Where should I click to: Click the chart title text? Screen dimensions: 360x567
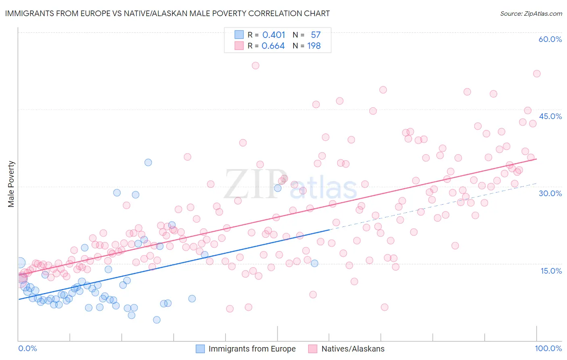[x=167, y=13]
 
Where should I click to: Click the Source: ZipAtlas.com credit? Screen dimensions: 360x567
[x=531, y=13]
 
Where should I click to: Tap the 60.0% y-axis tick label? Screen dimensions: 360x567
[x=550, y=39]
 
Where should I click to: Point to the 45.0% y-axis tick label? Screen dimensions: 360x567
[x=550, y=116]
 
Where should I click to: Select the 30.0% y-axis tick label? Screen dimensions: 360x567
[x=550, y=193]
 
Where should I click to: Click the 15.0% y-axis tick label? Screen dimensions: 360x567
[x=551, y=271]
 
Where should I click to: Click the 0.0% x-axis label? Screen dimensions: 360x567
[x=27, y=348]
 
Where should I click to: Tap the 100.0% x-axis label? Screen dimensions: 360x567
[x=548, y=348]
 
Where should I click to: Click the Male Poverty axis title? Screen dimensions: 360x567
[x=11, y=184]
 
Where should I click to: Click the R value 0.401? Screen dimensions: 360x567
[x=273, y=35]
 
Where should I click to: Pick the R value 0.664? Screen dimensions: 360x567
[x=273, y=46]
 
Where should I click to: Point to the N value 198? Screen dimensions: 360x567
[x=314, y=46]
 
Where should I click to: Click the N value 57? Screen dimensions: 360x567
[x=315, y=35]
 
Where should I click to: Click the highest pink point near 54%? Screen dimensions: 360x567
[x=255, y=65]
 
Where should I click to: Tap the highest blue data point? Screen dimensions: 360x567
[x=148, y=162]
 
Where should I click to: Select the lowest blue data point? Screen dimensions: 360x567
[x=157, y=320]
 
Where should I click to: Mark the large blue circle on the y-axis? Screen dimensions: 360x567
[x=20, y=263]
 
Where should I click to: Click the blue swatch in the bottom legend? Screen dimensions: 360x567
[x=200, y=349]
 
